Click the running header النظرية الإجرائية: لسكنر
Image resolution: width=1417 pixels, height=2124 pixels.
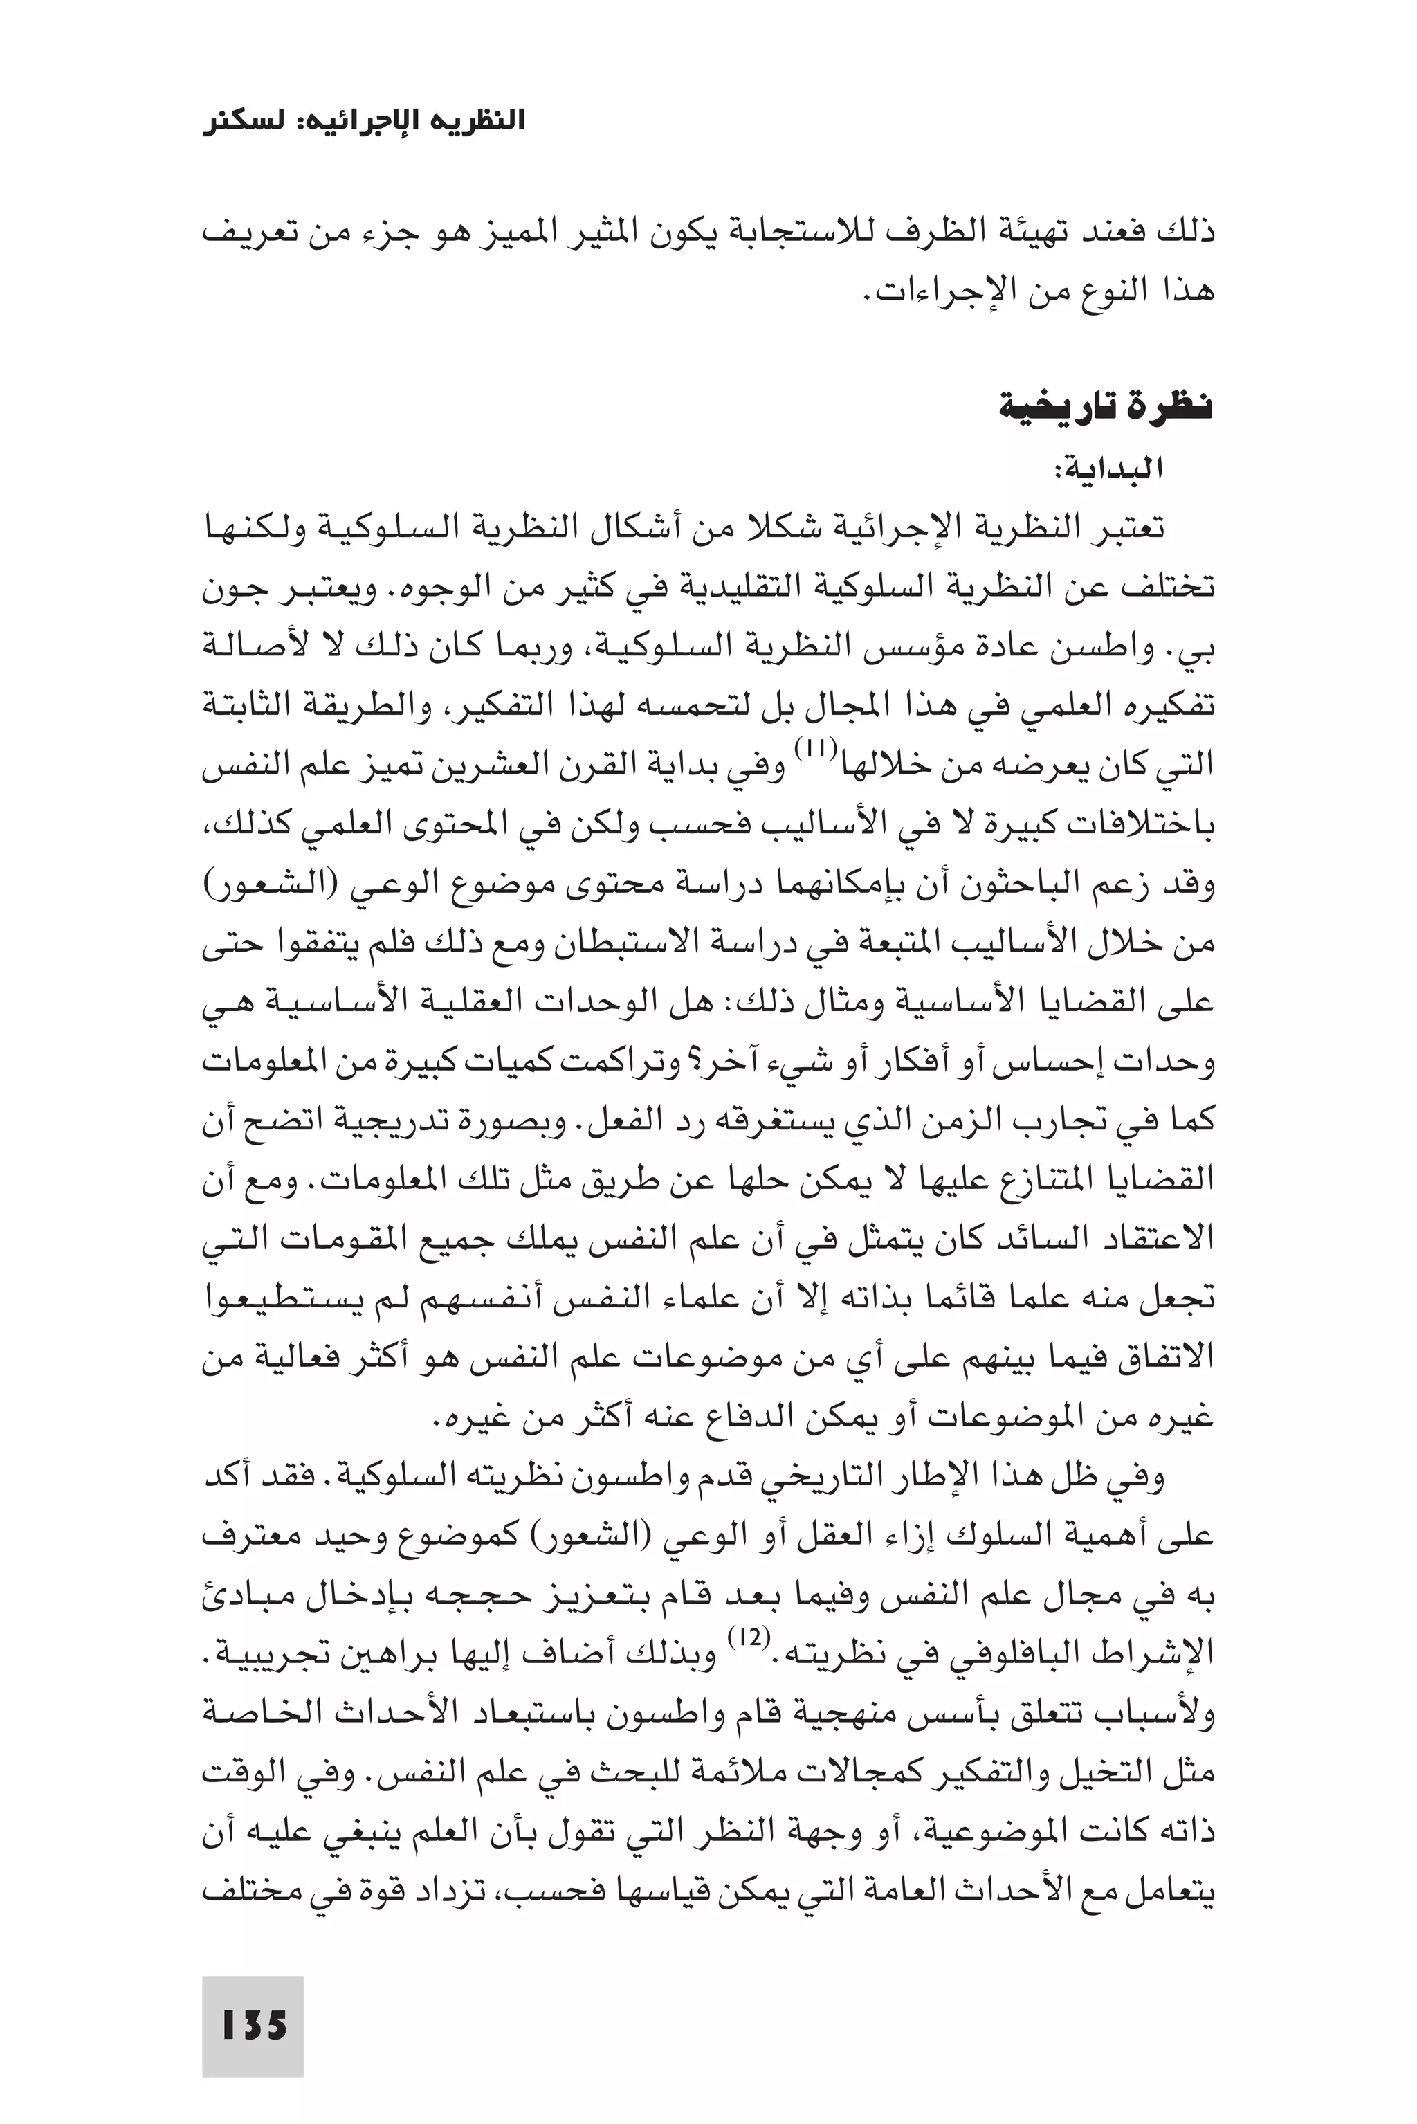(x=363, y=121)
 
